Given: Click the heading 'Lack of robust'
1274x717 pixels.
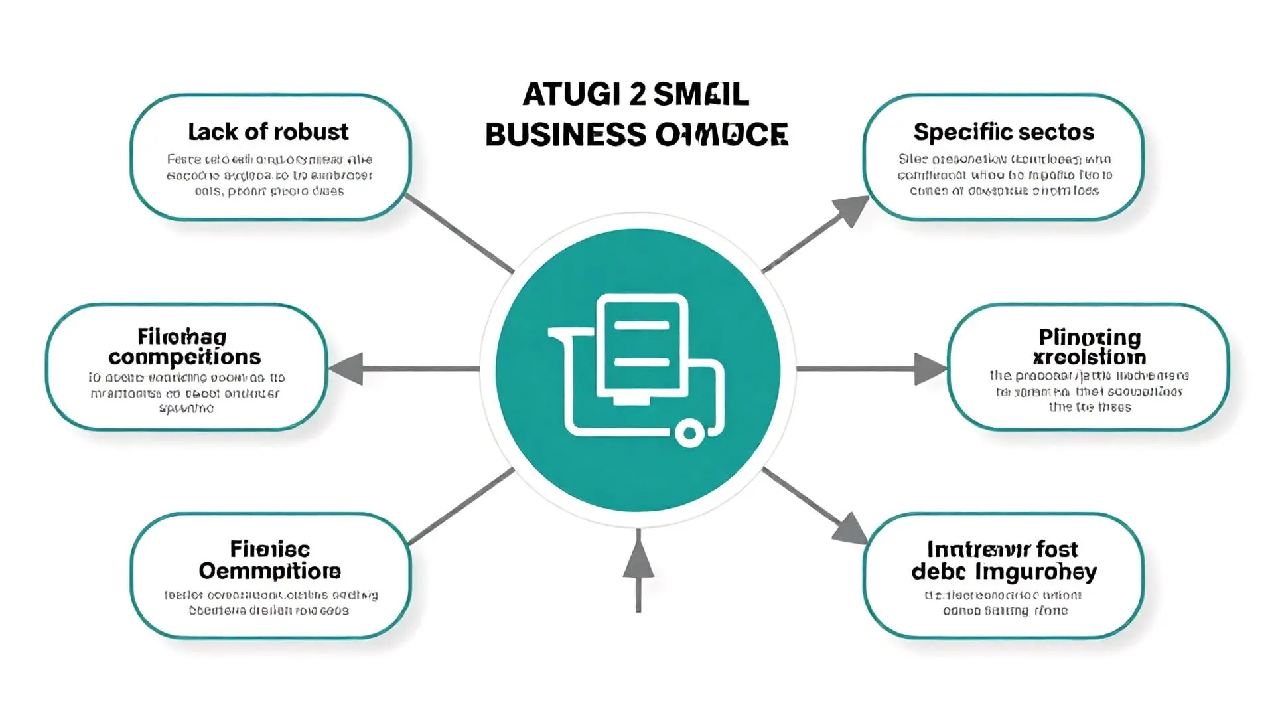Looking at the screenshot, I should pos(268,132).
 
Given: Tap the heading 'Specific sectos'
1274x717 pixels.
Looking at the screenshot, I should pos(1003,132).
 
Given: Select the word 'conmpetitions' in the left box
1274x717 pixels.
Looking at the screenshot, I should pos(184,357).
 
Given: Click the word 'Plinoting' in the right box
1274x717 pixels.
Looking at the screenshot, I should pos(1090,337).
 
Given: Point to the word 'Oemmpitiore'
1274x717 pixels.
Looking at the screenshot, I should pos(269,571).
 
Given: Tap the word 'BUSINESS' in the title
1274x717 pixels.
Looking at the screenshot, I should pos(565,135).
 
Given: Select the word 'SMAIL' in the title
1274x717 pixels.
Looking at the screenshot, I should pos(701,94).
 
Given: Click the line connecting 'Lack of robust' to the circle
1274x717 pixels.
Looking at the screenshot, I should pos(459,233).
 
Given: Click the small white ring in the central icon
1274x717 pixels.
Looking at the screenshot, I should pos(689,434).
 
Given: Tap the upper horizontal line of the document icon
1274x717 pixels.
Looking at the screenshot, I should pos(642,325).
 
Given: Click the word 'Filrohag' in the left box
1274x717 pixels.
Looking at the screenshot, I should pos(182,337).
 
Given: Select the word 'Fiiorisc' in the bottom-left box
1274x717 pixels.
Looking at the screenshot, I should pos(269,549).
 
